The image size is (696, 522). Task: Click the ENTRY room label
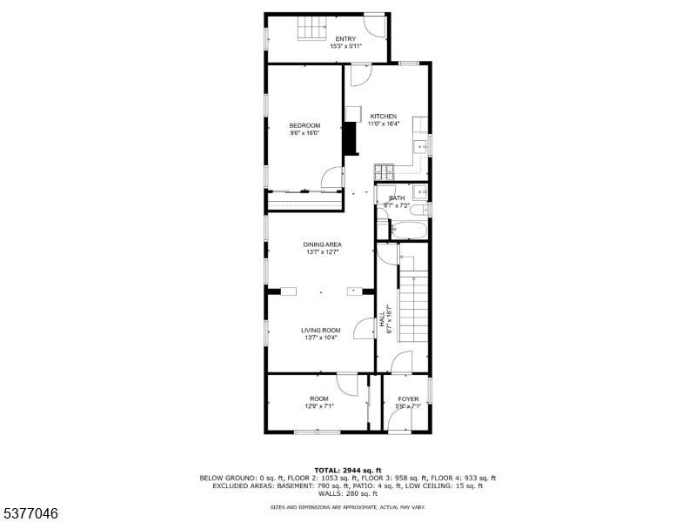pyautogui.click(x=345, y=39)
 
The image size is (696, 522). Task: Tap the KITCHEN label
pyautogui.click(x=384, y=117)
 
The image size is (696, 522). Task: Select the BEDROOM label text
pyautogui.click(x=304, y=125)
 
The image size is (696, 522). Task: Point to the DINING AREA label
pyautogui.click(x=322, y=244)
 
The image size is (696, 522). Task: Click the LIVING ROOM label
pyautogui.click(x=321, y=331)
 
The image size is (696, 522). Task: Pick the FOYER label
pyautogui.click(x=408, y=399)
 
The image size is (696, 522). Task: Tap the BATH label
pyautogui.click(x=397, y=198)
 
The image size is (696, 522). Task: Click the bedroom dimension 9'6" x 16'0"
pyautogui.click(x=304, y=133)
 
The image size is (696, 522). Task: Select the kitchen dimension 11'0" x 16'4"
pyautogui.click(x=384, y=124)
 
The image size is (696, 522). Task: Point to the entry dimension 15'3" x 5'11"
pyautogui.click(x=345, y=47)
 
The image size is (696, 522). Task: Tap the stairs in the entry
pyautogui.click(x=311, y=32)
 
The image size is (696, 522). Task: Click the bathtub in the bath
pyautogui.click(x=408, y=231)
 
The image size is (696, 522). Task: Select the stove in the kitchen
pyautogui.click(x=384, y=173)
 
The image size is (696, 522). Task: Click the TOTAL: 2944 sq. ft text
pyautogui.click(x=347, y=470)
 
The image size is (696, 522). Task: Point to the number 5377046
pyautogui.click(x=30, y=514)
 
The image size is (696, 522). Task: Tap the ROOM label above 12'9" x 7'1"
pyautogui.click(x=318, y=399)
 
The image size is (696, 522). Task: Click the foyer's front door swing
pyautogui.click(x=401, y=422)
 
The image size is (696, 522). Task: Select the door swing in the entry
pyautogui.click(x=374, y=25)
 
